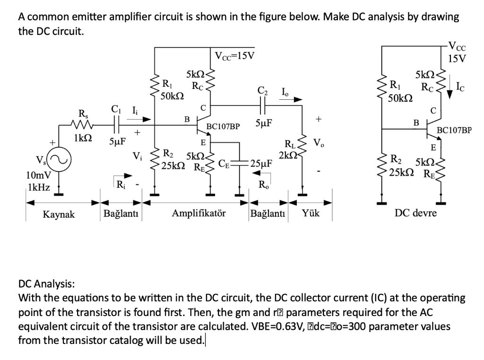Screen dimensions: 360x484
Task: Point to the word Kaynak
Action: tap(59, 214)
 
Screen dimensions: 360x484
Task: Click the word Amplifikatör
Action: tap(199, 213)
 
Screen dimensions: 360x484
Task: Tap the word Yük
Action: tap(311, 213)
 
